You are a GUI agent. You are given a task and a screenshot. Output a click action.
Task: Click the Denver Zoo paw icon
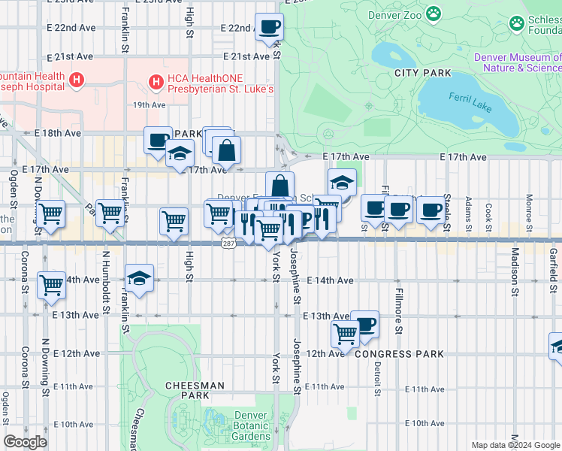[x=434, y=14]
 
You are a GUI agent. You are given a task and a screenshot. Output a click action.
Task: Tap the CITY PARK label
[x=422, y=73]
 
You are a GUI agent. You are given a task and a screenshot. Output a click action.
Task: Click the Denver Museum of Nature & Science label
[x=517, y=62]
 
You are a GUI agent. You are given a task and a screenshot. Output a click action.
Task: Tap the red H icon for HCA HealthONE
[x=156, y=80]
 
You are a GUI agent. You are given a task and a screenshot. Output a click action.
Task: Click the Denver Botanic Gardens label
[x=250, y=425]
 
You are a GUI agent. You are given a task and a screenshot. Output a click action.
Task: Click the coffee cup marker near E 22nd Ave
[x=270, y=27]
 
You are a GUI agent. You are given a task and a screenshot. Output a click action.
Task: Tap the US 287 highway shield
[x=228, y=244]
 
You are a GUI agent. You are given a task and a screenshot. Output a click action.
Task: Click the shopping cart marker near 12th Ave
[x=345, y=333]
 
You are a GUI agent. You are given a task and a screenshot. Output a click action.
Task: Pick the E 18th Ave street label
[x=58, y=133]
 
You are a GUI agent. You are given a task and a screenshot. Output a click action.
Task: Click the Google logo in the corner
[x=26, y=442]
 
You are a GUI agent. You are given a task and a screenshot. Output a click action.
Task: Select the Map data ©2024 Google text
[x=515, y=445]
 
